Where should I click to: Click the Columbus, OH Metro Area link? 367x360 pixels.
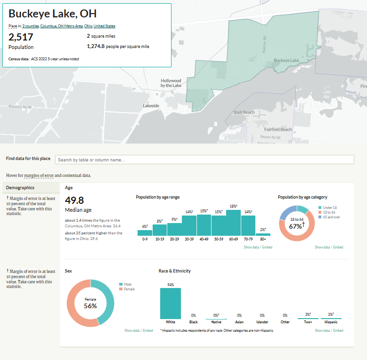(61, 26)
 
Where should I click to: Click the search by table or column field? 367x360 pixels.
(204, 160)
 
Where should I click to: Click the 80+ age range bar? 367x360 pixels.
(263, 234)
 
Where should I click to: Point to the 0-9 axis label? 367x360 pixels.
(145, 239)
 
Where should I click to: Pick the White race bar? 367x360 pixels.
(170, 304)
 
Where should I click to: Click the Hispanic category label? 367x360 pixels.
(331, 322)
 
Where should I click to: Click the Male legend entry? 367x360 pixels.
(128, 284)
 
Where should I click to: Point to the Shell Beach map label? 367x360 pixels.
(244, 112)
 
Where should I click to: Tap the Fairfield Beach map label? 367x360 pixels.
(278, 129)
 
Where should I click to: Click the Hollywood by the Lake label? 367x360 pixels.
(171, 83)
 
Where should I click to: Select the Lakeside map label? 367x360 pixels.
(151, 106)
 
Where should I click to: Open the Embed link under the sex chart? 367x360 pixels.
(148, 331)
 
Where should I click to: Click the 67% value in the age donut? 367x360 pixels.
(296, 226)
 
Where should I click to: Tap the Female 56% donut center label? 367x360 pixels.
(90, 303)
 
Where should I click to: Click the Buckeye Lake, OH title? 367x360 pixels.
(52, 14)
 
